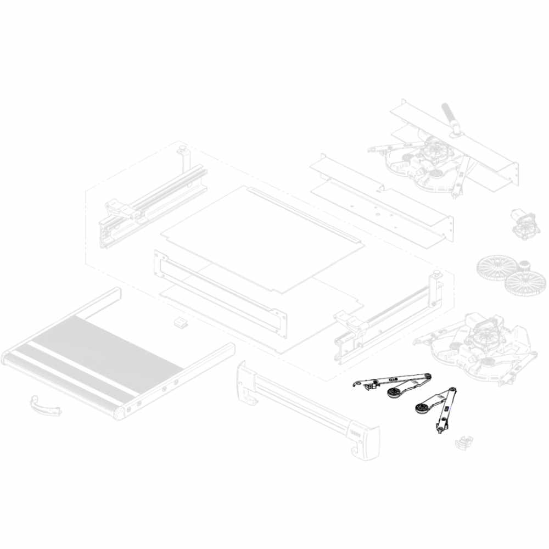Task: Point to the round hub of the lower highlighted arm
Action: point(421,407)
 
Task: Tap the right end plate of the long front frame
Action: point(281,324)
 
